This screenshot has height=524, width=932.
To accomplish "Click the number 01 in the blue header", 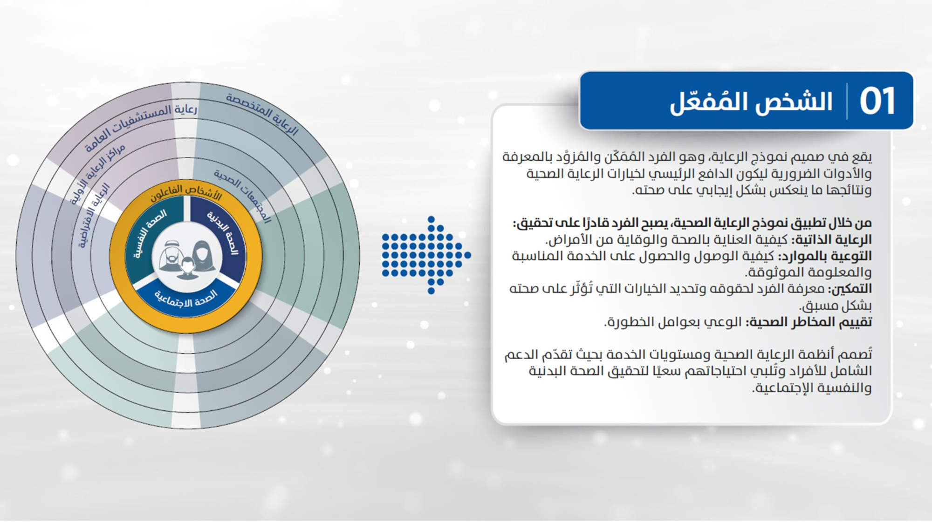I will pyautogui.click(x=877, y=101).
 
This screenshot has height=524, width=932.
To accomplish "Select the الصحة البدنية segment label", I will pyautogui.click(x=223, y=232).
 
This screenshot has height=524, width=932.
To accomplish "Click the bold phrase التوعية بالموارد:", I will pyautogui.click(x=824, y=256).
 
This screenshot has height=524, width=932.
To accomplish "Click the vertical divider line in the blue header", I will pyautogui.click(x=847, y=101).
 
